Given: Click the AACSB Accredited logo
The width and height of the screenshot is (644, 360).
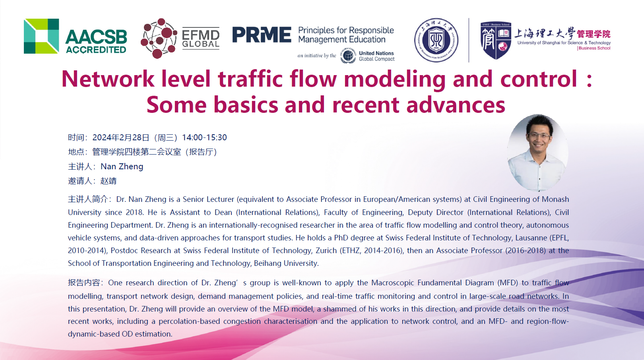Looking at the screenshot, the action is tap(75, 36).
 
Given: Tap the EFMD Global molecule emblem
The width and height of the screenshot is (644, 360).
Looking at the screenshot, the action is tap(159, 38).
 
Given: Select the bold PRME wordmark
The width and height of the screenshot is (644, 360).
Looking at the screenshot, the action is tap(262, 35).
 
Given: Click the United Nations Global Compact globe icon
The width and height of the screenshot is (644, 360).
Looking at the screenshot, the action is tap(348, 56).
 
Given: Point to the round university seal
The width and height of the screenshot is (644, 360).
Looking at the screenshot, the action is tap(436, 40).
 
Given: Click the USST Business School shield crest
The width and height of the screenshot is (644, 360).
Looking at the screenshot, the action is tap(496, 41).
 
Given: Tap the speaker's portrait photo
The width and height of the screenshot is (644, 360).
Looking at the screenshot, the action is tap(537, 153).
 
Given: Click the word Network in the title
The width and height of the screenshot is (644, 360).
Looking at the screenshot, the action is tap(108, 79).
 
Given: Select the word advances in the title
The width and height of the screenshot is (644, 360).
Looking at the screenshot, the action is tap(456, 105).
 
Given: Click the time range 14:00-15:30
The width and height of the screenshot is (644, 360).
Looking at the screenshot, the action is tap(204, 137).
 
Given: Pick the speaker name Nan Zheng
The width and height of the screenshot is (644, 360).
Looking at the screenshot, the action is tap(122, 166).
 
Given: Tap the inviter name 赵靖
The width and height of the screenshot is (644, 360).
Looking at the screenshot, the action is tap(109, 181).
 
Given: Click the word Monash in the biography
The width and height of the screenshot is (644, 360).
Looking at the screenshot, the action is tap(555, 199).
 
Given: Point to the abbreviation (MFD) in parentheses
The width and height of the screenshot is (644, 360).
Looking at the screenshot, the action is tap(508, 283).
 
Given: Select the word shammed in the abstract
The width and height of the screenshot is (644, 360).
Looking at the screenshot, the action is tap(340, 309).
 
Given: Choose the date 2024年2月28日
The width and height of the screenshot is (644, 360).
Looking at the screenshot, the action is tap(121, 137).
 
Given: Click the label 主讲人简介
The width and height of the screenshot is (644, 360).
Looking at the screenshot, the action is tap(88, 199).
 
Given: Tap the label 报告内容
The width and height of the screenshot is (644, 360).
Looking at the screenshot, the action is tap(83, 283).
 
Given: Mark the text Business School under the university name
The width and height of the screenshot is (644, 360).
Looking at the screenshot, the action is tap(594, 48).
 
